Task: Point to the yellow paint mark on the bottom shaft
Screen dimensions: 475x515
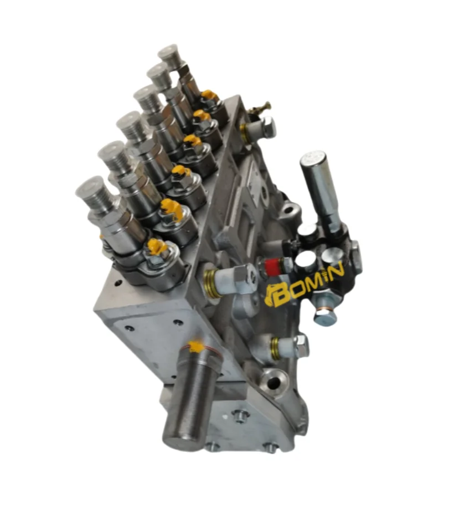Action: [x=195, y=347]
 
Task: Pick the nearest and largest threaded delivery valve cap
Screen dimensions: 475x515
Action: [x=92, y=194]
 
